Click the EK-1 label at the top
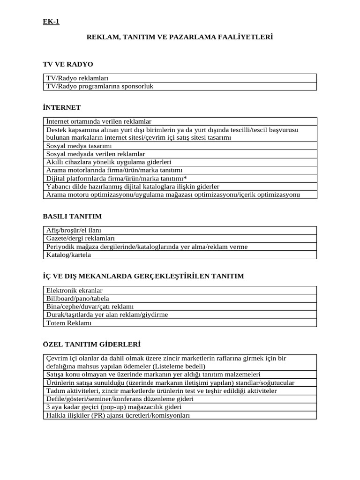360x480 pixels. point(51,22)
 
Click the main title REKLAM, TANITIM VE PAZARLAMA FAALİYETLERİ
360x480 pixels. point(180,37)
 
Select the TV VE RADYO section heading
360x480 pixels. point(68,64)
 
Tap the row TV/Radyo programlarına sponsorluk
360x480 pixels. point(100,86)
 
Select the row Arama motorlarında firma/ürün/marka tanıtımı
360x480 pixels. point(114,170)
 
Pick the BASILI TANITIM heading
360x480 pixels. point(72,216)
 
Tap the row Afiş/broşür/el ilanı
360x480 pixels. point(74,231)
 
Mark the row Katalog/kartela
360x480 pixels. point(68,255)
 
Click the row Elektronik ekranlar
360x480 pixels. point(74,291)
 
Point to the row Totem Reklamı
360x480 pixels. point(69,323)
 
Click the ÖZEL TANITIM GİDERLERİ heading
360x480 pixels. point(91,344)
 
